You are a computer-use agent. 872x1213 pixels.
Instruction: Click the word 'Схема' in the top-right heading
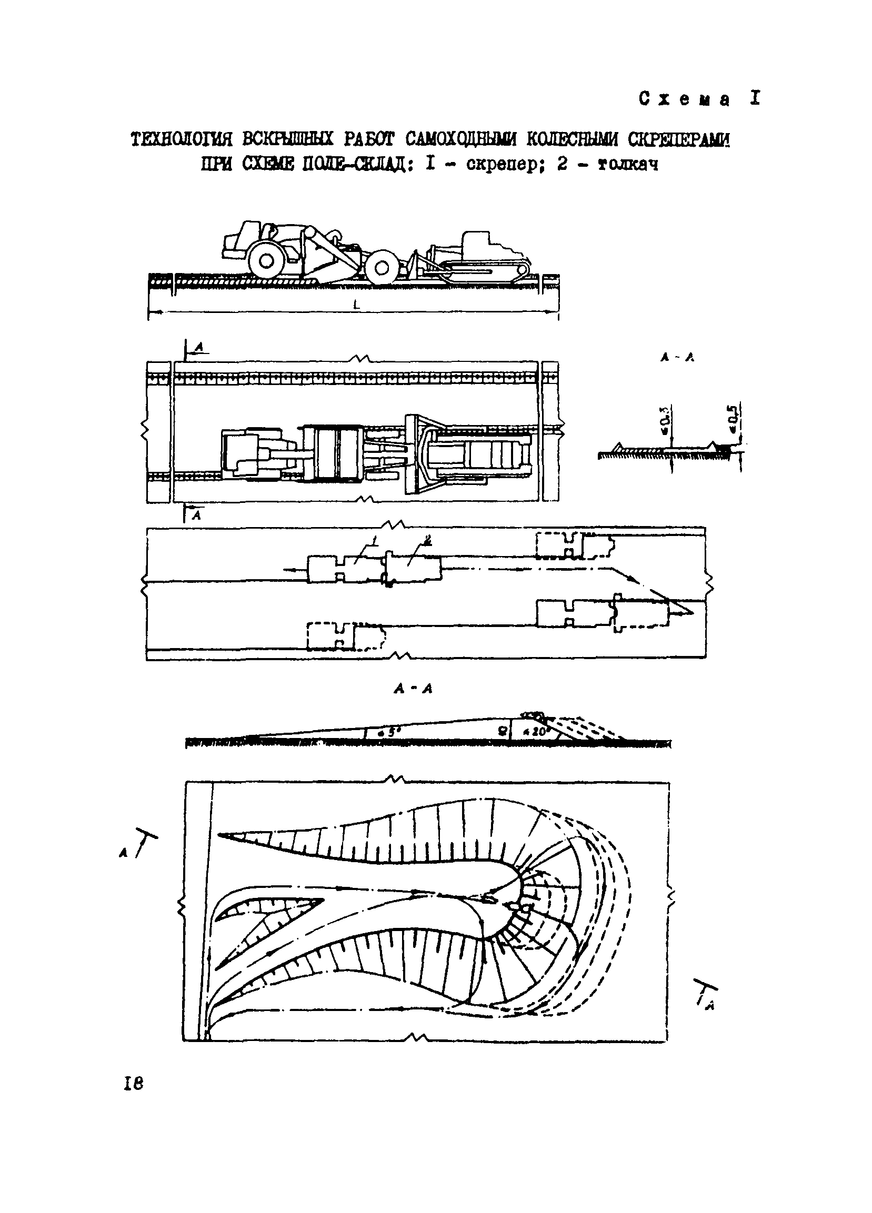pos(684,100)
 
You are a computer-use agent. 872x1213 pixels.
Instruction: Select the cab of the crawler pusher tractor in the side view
pos(476,244)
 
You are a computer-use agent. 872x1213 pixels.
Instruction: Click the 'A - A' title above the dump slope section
pos(413,690)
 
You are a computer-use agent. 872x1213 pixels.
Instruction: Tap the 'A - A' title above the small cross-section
pos(676,359)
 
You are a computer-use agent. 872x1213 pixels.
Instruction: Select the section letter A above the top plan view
pos(199,348)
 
